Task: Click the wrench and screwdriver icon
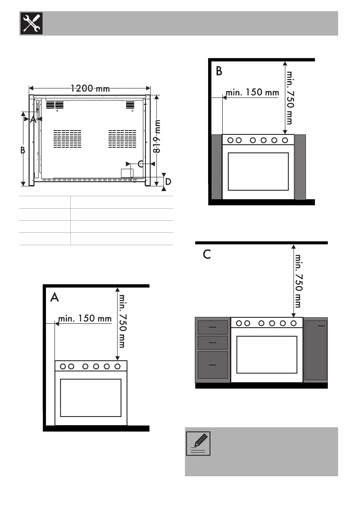coord(31,23)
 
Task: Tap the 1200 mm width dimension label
coord(91,88)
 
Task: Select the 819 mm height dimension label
coord(157,136)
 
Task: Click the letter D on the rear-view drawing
coord(168,182)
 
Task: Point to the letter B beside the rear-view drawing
coord(22,150)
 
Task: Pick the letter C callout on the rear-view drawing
coord(141,164)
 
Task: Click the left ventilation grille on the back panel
coord(67,139)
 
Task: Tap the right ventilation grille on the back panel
coord(122,139)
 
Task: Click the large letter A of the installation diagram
coord(54,297)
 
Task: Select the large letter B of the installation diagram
coord(219,71)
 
